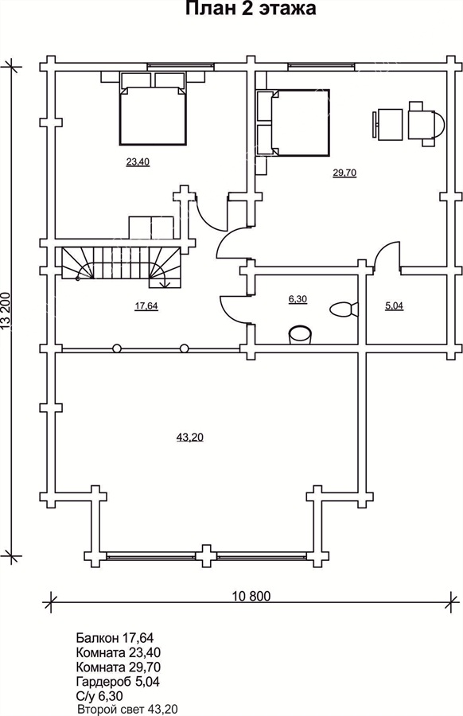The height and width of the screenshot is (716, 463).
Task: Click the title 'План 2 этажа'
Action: pyautogui.click(x=251, y=9)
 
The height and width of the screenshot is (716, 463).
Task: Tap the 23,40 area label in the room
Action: pyautogui.click(x=138, y=161)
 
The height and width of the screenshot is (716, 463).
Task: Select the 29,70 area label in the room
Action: pyautogui.click(x=344, y=173)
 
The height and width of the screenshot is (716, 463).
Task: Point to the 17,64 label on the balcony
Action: pyautogui.click(x=146, y=306)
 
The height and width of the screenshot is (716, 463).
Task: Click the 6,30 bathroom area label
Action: pyautogui.click(x=298, y=299)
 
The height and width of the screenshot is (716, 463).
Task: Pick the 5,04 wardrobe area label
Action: pyautogui.click(x=394, y=306)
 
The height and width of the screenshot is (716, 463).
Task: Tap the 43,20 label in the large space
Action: pyautogui.click(x=189, y=438)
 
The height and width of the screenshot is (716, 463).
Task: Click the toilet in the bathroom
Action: pyautogui.click(x=344, y=309)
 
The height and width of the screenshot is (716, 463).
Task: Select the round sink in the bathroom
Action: pyautogui.click(x=301, y=334)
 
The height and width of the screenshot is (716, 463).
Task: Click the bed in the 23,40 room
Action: pyautogui.click(x=153, y=115)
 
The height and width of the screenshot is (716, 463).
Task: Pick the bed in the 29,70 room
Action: pyautogui.click(x=301, y=123)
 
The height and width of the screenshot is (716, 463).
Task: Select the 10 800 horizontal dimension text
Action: pyautogui.click(x=251, y=596)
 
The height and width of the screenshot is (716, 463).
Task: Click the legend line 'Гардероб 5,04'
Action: pyautogui.click(x=118, y=682)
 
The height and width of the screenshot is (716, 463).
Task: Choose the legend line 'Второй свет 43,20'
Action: pyautogui.click(x=128, y=710)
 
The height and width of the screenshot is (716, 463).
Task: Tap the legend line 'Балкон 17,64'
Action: pyautogui.click(x=115, y=637)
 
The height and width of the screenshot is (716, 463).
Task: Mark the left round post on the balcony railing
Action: pyautogui.click(x=118, y=348)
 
